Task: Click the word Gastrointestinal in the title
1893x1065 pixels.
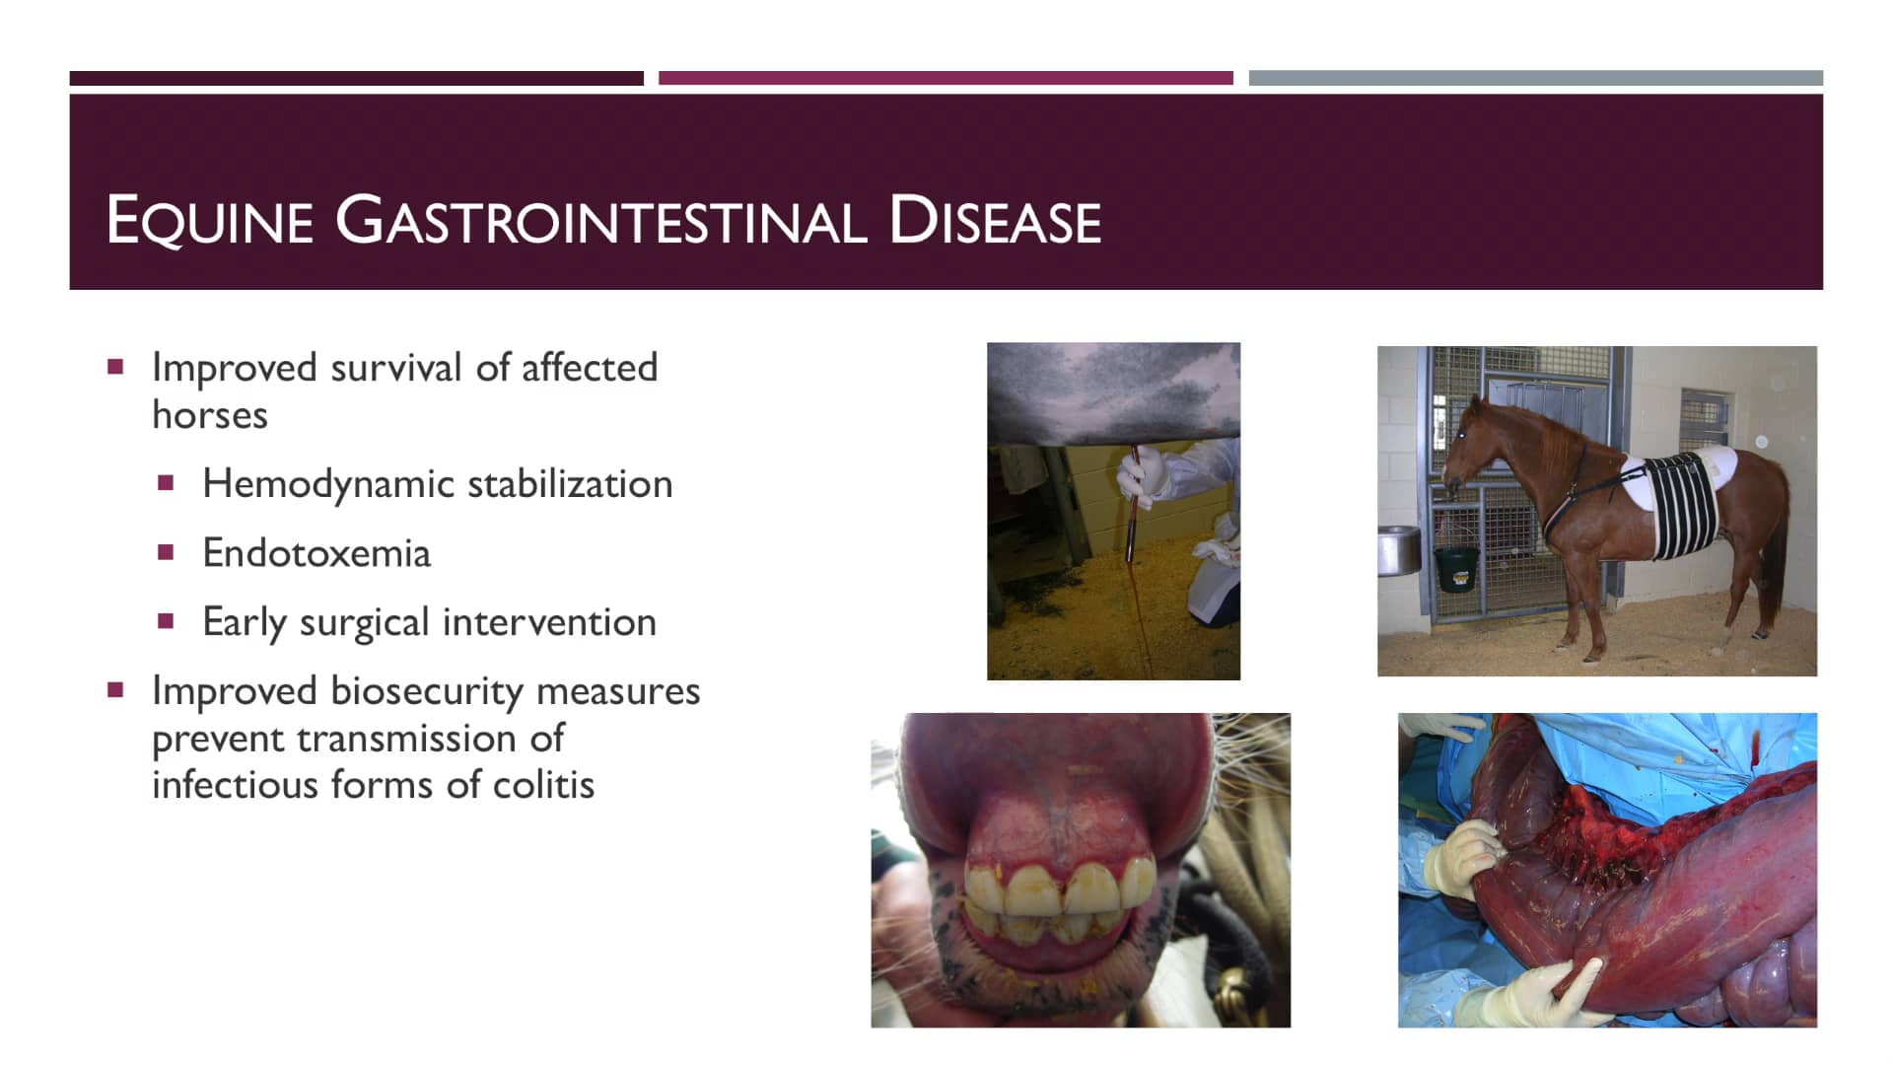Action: [601, 220]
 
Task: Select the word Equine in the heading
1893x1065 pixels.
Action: [209, 220]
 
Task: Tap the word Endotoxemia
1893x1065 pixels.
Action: [316, 553]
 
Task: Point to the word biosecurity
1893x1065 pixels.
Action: [427, 691]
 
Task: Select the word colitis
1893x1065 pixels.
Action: [543, 785]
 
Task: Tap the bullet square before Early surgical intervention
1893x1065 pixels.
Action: [166, 621]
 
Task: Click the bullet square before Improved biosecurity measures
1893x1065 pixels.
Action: [115, 690]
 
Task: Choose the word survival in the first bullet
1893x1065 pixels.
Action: [396, 368]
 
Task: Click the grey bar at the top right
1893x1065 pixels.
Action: [1535, 78]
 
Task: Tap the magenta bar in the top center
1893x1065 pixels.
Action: [946, 78]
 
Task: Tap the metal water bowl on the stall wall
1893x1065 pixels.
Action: [1398, 549]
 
